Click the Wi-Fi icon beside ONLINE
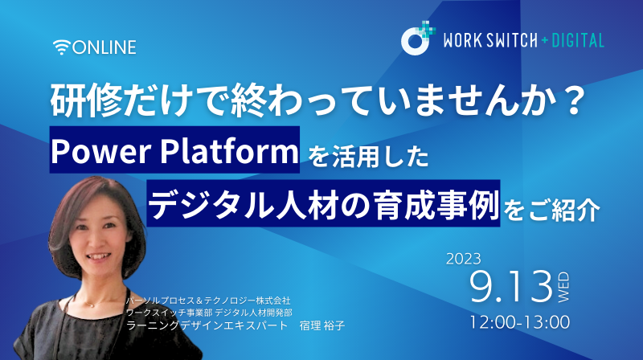point(62,47)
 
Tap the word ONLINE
point(104,47)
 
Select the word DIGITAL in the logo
point(578,41)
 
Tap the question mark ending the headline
point(571,100)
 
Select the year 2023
point(464,259)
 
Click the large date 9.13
point(511,287)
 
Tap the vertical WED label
point(563,287)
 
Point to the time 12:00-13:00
point(519,322)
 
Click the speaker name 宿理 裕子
point(322,326)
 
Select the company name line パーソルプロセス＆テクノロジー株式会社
point(208,301)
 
